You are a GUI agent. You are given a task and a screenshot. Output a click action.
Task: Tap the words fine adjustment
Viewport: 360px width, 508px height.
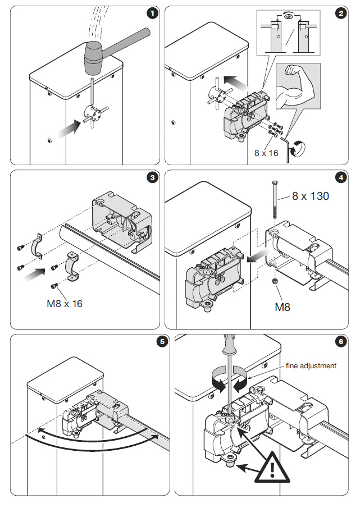(311, 365)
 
